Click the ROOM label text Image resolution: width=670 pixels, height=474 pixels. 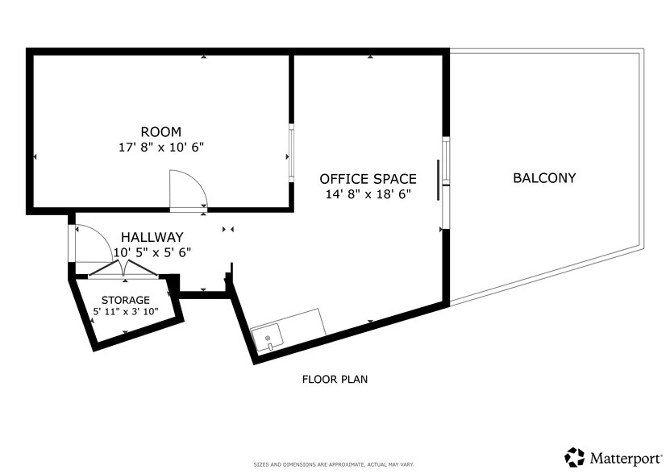click(160, 131)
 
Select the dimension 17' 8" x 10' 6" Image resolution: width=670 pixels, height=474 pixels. click(160, 147)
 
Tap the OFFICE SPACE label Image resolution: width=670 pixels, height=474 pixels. click(368, 179)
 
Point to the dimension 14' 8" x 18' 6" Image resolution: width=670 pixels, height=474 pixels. click(368, 194)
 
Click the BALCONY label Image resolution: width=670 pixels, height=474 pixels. click(544, 177)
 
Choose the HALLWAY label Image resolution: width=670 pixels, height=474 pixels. click(152, 237)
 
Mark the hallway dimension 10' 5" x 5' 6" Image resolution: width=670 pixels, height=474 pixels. click(152, 252)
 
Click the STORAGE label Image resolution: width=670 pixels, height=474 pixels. click(125, 300)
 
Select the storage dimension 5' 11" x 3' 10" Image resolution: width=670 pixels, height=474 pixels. click(125, 311)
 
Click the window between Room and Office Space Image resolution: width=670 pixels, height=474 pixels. click(291, 153)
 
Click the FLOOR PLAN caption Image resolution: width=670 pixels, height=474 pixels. click(335, 379)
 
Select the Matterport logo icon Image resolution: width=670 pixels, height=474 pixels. click(575, 457)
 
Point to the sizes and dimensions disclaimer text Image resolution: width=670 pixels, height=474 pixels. click(335, 465)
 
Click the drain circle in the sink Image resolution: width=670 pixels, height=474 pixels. click(267, 338)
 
